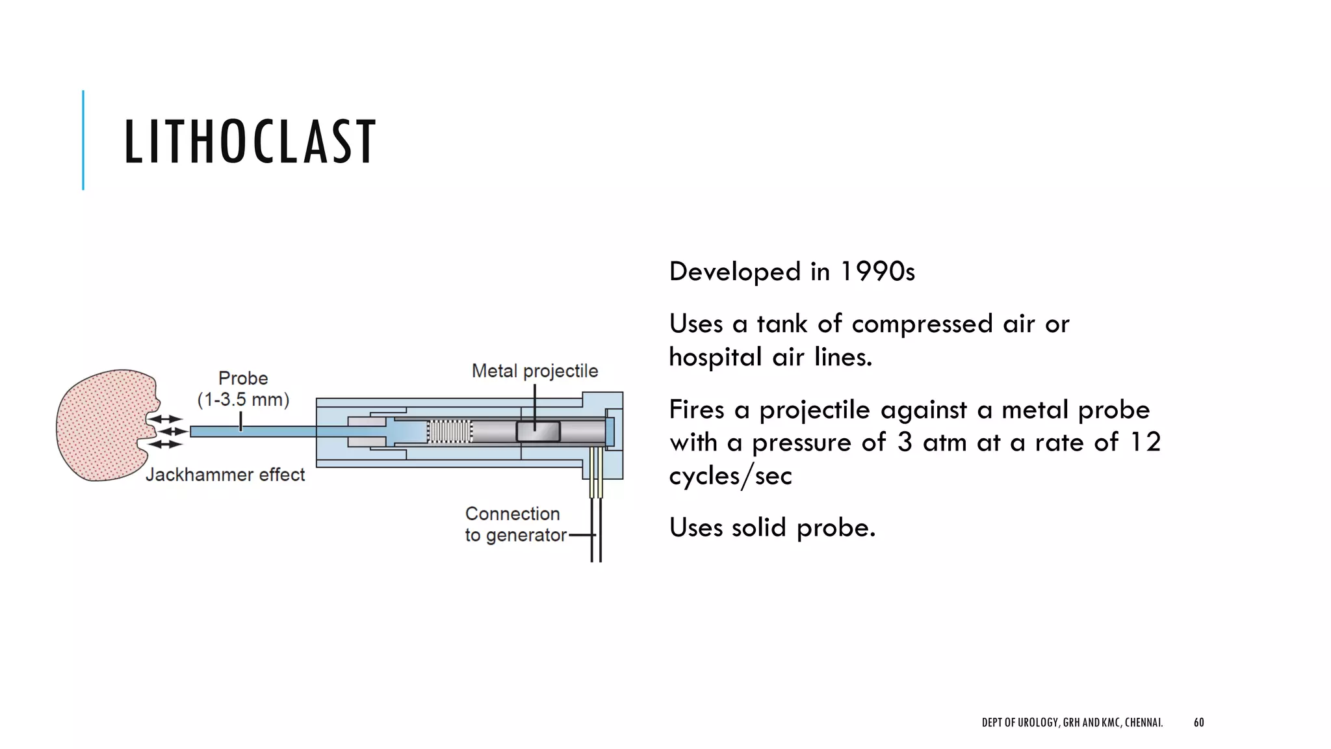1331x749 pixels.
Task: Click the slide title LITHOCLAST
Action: click(250, 142)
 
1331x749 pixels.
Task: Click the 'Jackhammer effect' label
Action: click(225, 475)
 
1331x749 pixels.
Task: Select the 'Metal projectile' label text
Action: click(534, 371)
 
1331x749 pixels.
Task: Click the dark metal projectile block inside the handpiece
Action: click(538, 432)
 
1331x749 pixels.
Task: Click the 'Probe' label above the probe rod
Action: click(243, 378)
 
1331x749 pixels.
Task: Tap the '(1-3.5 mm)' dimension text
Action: click(243, 400)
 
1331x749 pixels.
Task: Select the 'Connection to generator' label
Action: click(513, 524)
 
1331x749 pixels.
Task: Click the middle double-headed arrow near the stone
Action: click(173, 432)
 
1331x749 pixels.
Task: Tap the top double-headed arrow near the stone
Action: click(166, 419)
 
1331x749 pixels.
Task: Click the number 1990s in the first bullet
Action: click(877, 272)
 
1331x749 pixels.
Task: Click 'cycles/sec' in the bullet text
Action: click(730, 476)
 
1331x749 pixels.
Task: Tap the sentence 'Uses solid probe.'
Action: click(772, 527)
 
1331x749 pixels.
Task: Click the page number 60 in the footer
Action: click(1198, 722)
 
